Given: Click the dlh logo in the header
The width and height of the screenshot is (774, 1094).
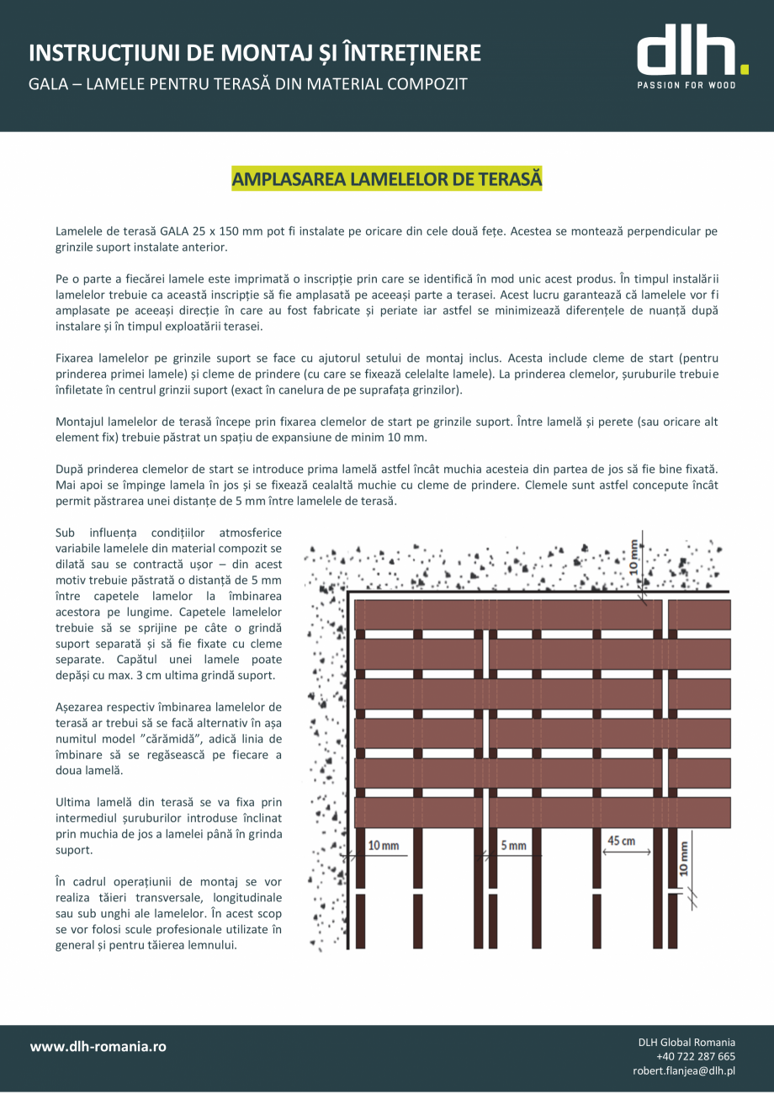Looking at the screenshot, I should [x=686, y=57].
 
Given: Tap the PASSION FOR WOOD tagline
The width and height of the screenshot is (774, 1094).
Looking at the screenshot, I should [x=686, y=85].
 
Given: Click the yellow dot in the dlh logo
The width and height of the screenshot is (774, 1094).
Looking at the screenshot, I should [x=743, y=68].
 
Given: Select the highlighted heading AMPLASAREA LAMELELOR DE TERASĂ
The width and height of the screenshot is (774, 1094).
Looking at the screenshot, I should [x=387, y=179].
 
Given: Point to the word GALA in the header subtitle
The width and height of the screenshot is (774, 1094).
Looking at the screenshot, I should [x=50, y=84].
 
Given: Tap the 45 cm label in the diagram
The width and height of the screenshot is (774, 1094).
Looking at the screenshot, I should [x=622, y=841].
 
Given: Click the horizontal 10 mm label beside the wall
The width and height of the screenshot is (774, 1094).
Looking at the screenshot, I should [x=384, y=845].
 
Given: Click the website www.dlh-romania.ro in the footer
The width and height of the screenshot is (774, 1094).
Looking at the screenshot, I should [x=98, y=1046].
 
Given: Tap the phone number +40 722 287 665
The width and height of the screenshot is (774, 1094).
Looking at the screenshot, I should [x=695, y=1056].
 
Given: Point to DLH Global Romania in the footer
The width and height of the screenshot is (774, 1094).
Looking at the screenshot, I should [x=687, y=1042].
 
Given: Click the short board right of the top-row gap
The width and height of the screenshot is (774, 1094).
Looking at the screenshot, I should [x=698, y=614].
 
